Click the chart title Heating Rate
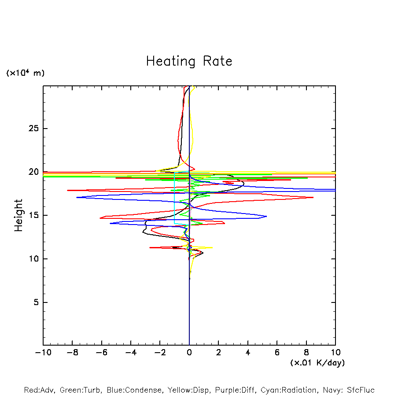(x=189, y=61)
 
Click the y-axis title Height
(x=18, y=215)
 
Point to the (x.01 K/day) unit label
(x=317, y=363)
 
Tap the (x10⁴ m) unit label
(x=25, y=73)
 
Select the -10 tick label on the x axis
(x=43, y=353)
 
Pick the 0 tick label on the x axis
(x=189, y=353)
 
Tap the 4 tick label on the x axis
(x=248, y=353)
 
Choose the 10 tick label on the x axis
(x=335, y=353)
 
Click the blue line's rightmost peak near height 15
(x=266, y=216)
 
